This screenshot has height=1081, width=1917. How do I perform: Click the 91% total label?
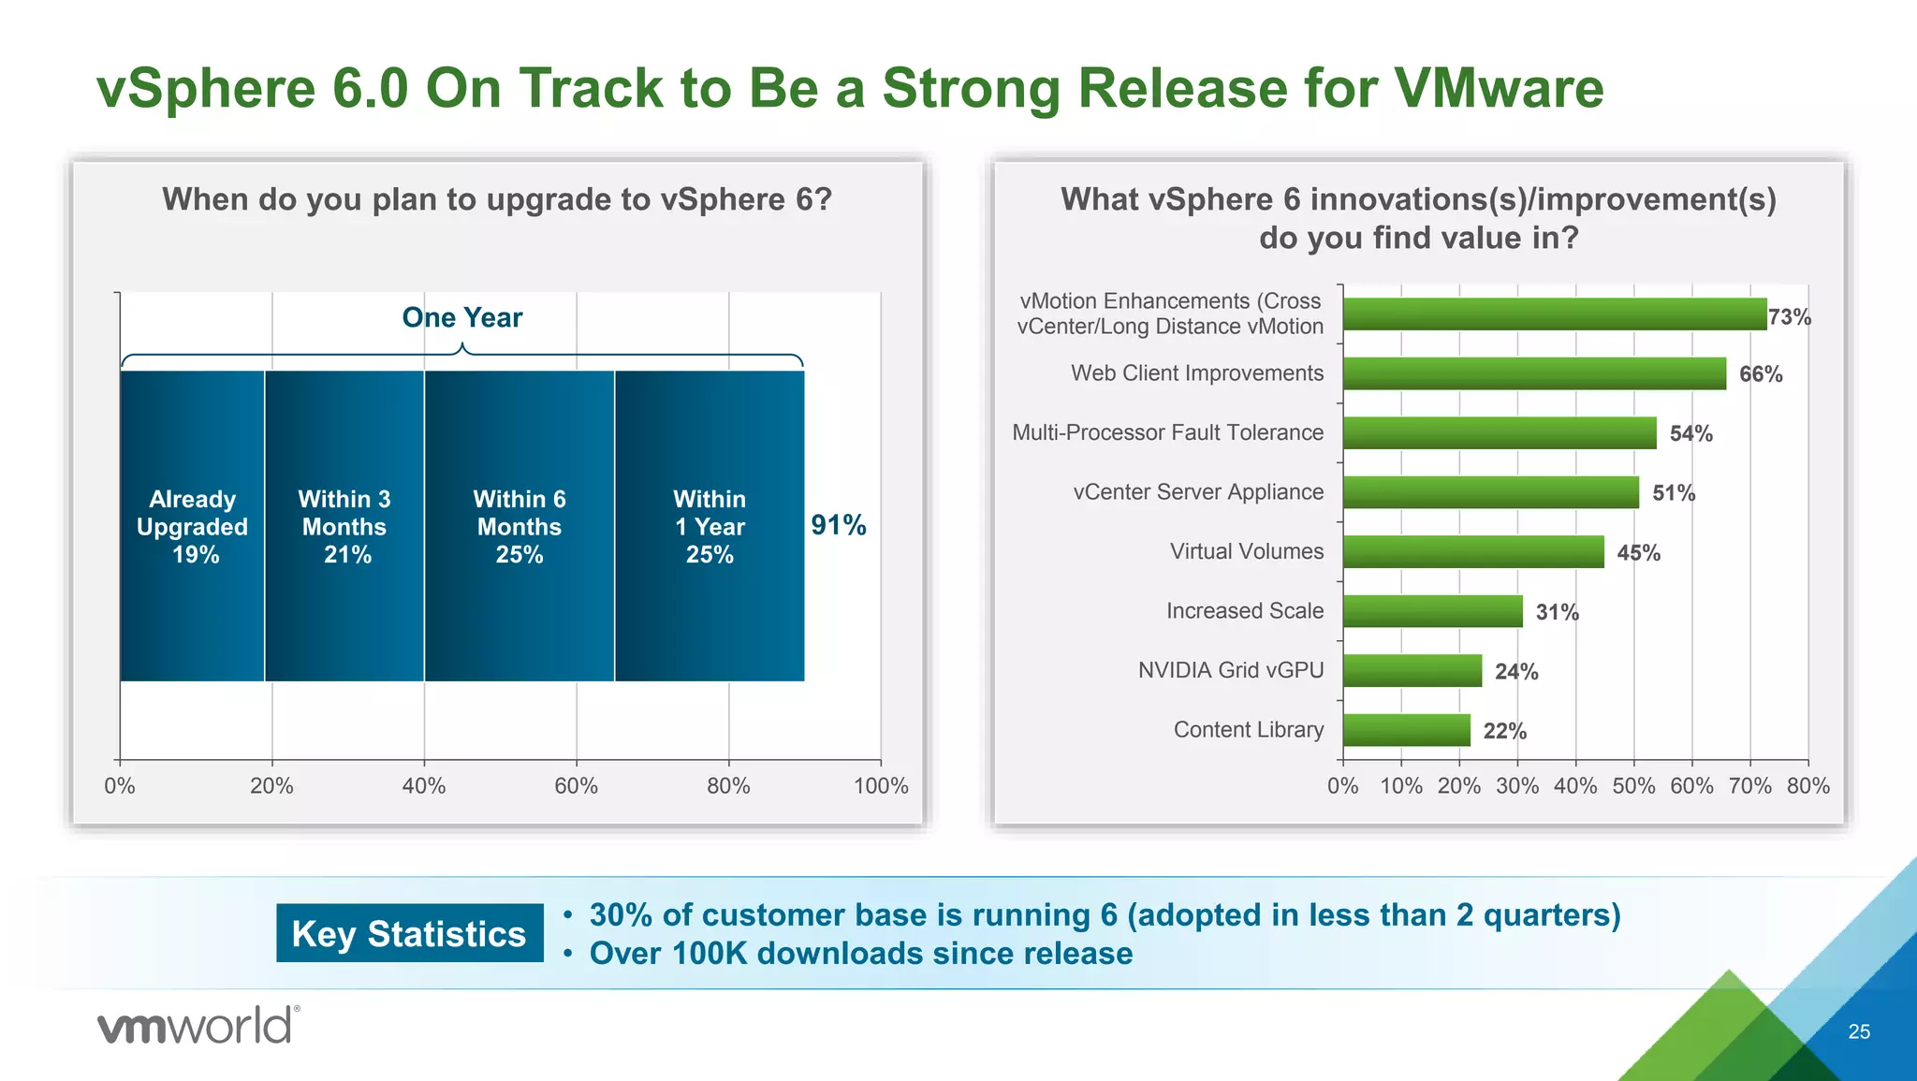click(x=838, y=525)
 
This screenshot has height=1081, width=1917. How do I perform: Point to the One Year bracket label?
click(x=461, y=318)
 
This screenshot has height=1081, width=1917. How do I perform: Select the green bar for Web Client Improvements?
click(x=1534, y=373)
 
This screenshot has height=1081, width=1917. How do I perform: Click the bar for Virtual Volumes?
click(x=1473, y=552)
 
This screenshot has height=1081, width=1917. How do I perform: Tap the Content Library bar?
click(x=1406, y=730)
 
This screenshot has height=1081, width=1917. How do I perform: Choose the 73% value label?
click(x=1789, y=317)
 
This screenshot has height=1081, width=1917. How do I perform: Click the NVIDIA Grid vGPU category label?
click(x=1230, y=670)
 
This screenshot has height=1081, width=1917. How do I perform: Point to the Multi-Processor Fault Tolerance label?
click(x=1167, y=432)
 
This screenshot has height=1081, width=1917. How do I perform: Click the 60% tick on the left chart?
click(x=576, y=786)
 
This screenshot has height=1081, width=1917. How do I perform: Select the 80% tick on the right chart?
click(x=1807, y=786)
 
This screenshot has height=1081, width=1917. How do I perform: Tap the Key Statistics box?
click(x=409, y=933)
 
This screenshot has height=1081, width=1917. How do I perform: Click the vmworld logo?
click(x=198, y=1026)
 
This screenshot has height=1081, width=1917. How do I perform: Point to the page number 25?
click(x=1859, y=1031)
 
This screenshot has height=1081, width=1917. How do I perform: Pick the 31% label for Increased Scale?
click(x=1557, y=612)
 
